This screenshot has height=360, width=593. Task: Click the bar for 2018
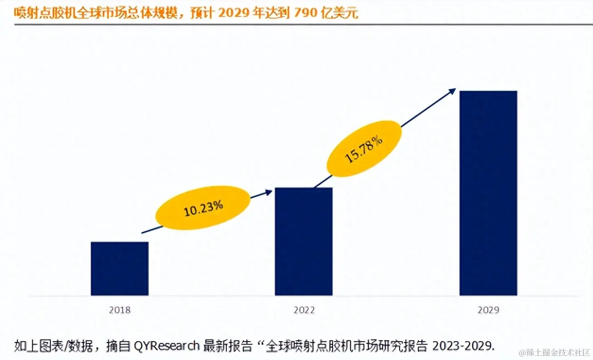point(120,268)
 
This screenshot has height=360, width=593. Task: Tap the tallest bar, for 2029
point(488,193)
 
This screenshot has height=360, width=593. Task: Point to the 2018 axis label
point(120,310)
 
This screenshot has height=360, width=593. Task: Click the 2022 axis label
point(304,310)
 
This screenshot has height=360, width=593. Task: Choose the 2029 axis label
point(488,310)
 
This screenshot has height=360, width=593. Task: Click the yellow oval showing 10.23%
point(203,208)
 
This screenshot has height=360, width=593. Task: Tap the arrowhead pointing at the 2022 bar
point(269,192)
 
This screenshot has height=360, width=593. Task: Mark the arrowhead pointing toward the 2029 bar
point(452,91)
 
